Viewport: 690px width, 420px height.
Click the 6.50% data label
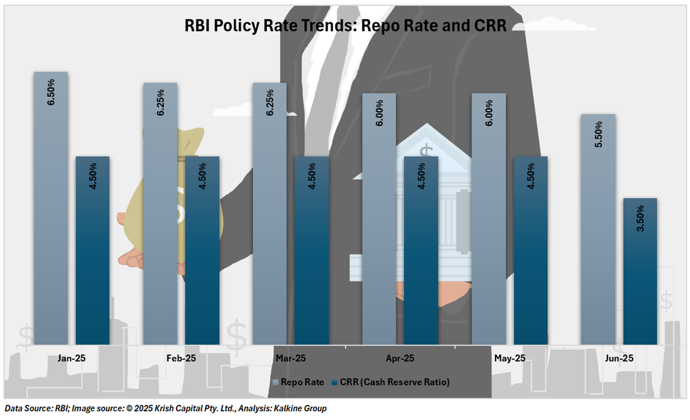coord(51,92)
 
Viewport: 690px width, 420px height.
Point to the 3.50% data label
coord(640,218)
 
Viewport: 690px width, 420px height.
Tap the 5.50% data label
coord(598,134)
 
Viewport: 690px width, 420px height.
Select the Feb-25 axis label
coord(181,358)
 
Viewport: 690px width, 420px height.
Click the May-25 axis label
coord(510,358)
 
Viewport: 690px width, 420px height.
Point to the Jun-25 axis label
coord(619,358)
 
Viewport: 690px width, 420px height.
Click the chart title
coord(345,26)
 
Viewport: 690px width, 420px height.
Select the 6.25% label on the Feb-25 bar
coord(160,103)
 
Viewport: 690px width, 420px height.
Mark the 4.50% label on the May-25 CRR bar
coord(531,176)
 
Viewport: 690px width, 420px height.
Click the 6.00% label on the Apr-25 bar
coord(379,113)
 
